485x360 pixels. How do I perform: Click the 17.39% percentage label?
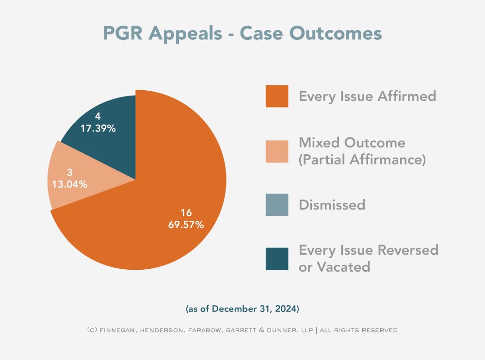coord(98,129)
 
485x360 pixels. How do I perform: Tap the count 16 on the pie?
coord(186,213)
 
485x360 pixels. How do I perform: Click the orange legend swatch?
coord(276,96)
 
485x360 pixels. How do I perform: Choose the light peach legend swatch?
coord(276,150)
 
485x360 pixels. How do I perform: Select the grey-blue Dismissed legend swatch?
coord(276,205)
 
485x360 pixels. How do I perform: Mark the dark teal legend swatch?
coord(276,259)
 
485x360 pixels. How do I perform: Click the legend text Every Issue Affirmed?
coord(367,96)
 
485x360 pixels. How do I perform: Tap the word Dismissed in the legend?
coord(332,205)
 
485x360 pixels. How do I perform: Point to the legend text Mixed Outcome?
coord(352,143)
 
